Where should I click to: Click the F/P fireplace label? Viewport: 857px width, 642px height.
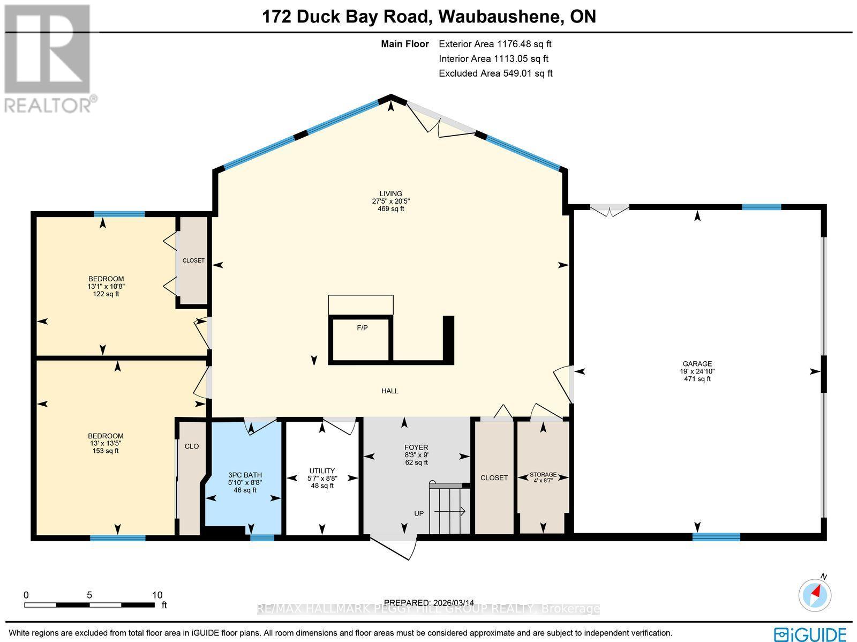point(362,327)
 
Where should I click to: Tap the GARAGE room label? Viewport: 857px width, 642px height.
point(697,363)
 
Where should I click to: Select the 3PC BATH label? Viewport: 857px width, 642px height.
point(245,475)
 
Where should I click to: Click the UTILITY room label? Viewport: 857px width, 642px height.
point(321,471)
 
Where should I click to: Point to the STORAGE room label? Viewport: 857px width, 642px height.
point(543,474)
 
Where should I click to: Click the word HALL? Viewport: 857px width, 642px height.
point(389,391)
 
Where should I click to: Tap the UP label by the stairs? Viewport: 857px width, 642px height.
point(419,513)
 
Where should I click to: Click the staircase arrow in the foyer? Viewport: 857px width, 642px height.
point(450,512)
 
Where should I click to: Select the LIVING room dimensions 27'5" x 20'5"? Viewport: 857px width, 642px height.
point(390,201)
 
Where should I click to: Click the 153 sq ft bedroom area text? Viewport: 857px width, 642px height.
point(106,451)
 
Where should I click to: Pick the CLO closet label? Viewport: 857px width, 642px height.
point(191,446)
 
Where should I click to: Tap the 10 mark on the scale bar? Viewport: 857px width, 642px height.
point(156,595)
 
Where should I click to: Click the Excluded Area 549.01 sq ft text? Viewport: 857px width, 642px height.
point(495,73)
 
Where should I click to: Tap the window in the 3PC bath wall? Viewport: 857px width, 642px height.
point(262,538)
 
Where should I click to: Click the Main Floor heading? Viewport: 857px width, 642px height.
point(404,44)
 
